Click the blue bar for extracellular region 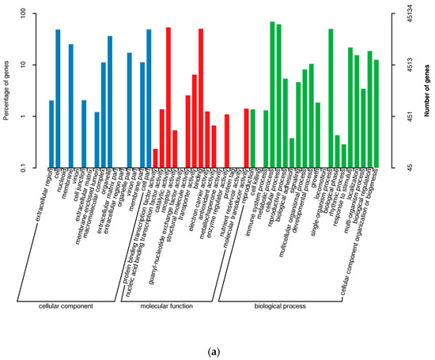(x=51, y=134)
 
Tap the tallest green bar (x=272, y=94)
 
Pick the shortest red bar (x=156, y=157)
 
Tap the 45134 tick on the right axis (x=403, y=13)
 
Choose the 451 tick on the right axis (x=403, y=116)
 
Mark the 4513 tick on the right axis (x=403, y=65)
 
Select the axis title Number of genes (x=426, y=90)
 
